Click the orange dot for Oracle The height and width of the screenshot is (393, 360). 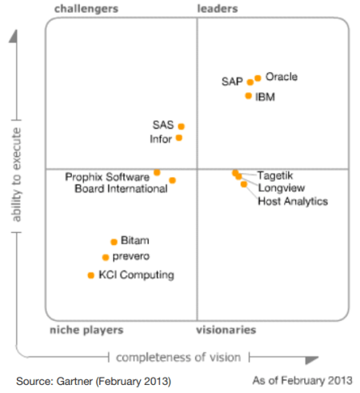258,78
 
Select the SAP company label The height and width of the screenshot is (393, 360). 232,82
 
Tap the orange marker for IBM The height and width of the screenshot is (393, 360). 249,96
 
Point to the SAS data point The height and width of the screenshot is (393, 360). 182,126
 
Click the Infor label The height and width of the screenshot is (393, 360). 161,138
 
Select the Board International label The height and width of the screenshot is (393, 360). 121,189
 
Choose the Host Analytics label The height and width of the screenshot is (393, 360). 293,202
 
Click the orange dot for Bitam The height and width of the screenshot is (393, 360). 114,241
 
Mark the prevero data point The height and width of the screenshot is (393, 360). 106,257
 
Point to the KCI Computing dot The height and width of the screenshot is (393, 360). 91,275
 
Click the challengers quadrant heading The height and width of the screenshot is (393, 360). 86,9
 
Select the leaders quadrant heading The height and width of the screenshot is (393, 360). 217,9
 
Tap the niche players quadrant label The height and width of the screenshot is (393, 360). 86,330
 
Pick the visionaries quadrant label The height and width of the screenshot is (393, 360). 226,330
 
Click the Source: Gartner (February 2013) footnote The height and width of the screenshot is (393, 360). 93,379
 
